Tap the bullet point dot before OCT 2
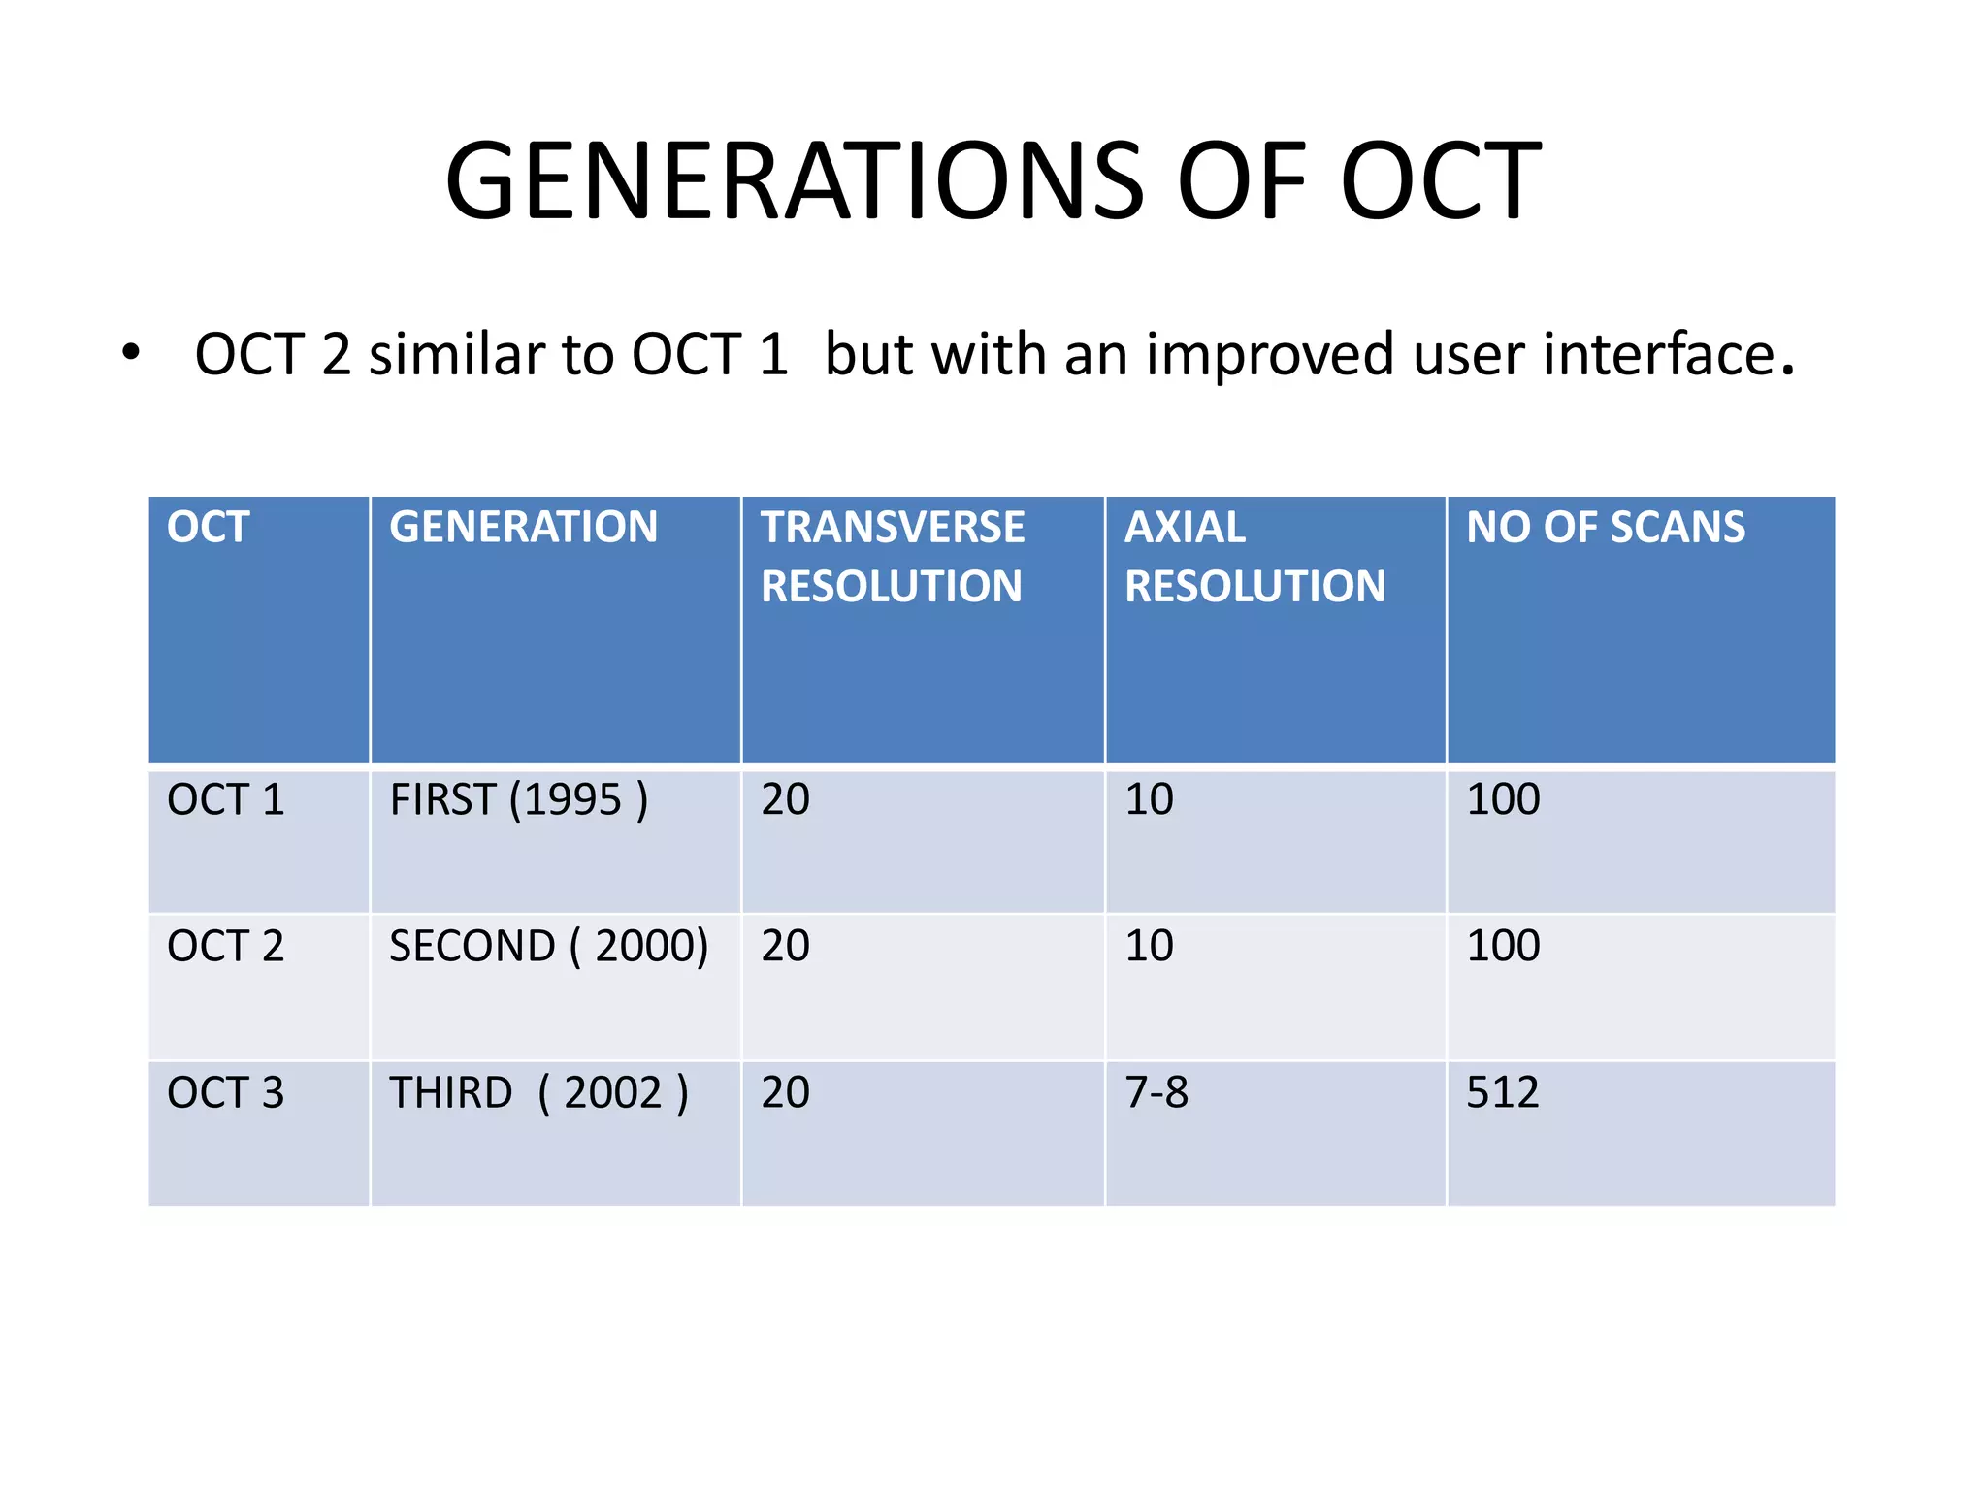click(131, 352)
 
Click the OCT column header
click(209, 528)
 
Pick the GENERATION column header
click(523, 528)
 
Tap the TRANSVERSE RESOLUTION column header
click(892, 557)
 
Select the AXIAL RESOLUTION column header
click(1254, 557)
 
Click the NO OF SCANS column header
click(1605, 528)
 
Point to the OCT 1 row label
click(225, 800)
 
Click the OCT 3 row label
click(225, 1093)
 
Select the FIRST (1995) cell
click(518, 800)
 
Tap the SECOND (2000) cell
click(548, 946)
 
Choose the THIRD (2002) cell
click(538, 1093)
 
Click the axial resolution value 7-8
click(1156, 1093)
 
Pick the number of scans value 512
click(1502, 1093)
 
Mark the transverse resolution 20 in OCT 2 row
click(785, 946)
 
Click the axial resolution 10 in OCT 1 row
click(1149, 800)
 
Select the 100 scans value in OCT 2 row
click(1502, 946)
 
